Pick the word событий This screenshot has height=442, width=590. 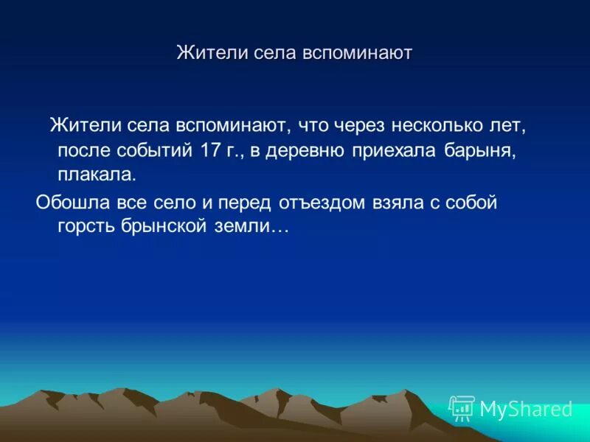click(153, 151)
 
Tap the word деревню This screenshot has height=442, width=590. click(319, 151)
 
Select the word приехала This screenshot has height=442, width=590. click(405, 151)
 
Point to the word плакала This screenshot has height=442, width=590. click(97, 177)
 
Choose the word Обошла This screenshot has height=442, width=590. click(72, 203)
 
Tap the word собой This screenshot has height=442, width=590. click(477, 203)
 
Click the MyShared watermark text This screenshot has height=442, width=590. click(526, 409)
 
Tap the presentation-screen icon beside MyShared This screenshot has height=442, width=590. click(462, 408)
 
